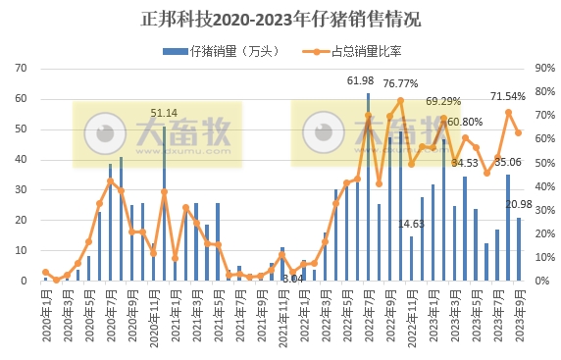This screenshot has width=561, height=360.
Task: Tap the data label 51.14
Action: (164, 113)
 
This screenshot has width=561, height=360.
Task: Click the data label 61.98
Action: (361, 80)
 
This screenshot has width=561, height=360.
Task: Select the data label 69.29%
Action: (443, 101)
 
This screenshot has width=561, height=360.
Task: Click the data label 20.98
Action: (519, 204)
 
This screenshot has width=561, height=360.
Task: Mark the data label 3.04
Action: (292, 279)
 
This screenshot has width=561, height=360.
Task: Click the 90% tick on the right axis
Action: (544, 69)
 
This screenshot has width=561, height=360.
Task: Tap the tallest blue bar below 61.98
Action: (368, 186)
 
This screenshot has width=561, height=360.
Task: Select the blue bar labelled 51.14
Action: (164, 203)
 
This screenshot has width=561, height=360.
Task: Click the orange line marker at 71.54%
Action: (508, 112)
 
